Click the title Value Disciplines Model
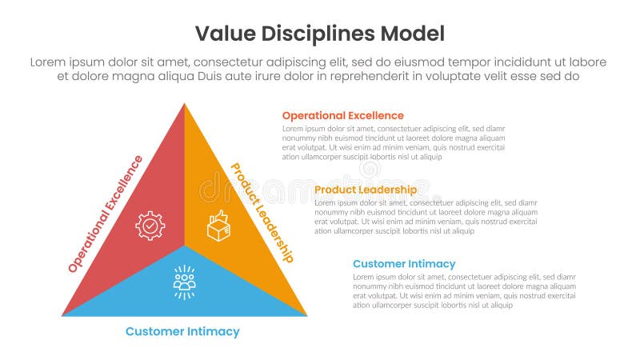click(320, 34)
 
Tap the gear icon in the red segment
click(150, 226)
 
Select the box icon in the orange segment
click(218, 226)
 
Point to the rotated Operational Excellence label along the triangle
click(106, 214)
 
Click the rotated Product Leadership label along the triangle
click(262, 212)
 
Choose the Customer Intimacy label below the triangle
click(182, 331)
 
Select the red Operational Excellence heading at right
click(342, 115)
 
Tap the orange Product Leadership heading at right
click(365, 190)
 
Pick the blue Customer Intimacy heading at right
click(404, 264)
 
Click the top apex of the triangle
click(185, 104)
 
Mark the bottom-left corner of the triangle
click(63, 315)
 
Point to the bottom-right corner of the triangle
click(306, 315)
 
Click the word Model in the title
click(412, 34)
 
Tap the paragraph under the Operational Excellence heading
click(394, 142)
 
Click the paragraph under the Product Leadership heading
click(426, 217)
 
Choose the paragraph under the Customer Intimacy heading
click(464, 291)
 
